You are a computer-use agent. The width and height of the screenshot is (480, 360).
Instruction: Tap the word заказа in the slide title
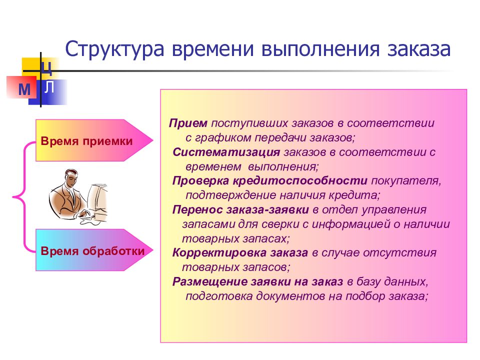pyautogui.click(x=419, y=49)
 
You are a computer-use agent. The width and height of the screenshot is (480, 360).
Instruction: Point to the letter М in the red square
pyautogui.click(x=24, y=89)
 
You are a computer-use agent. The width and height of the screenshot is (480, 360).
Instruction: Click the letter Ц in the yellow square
pyautogui.click(x=47, y=68)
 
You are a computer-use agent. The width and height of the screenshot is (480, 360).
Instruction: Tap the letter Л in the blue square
pyautogui.click(x=49, y=87)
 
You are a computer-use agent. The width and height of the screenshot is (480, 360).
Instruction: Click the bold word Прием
pyautogui.click(x=188, y=123)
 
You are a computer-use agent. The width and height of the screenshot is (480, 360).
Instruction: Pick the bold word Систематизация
pyautogui.click(x=226, y=152)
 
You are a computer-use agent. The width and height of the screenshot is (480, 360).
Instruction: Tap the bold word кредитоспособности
pyautogui.click(x=300, y=180)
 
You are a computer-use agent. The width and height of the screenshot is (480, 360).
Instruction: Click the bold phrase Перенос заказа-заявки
pyautogui.click(x=240, y=209)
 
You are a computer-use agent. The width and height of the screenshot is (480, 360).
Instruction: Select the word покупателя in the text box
pyautogui.click(x=406, y=181)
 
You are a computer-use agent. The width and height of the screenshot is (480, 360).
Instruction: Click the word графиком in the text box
pyautogui.click(x=223, y=138)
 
